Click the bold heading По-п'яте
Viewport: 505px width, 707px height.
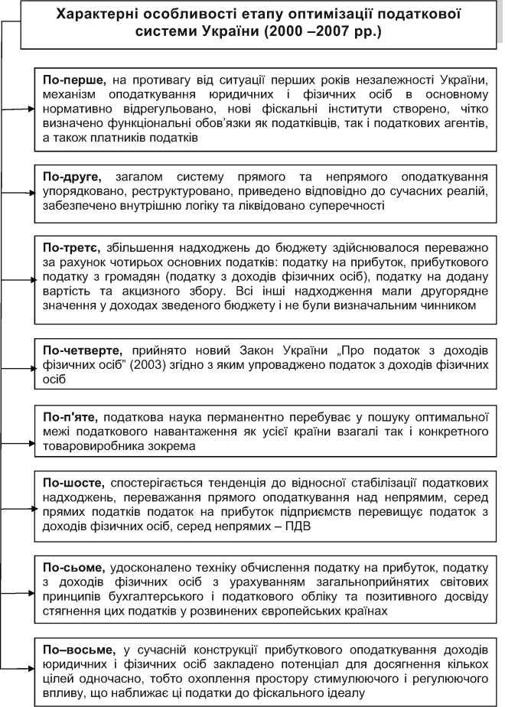70,418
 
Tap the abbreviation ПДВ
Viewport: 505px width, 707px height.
303,527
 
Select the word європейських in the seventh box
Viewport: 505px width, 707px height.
313,611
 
